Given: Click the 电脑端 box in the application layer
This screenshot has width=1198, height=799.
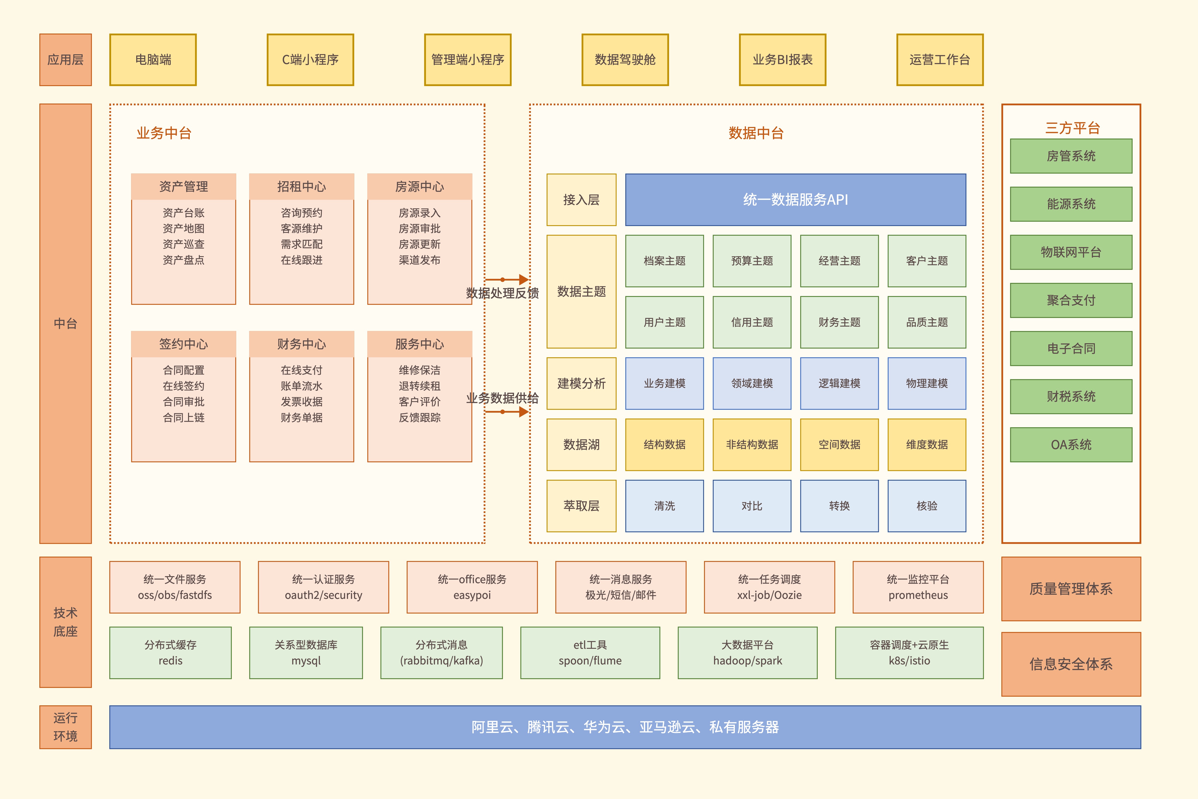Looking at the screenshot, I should point(153,60).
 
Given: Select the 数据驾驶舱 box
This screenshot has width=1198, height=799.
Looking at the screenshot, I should point(625,60).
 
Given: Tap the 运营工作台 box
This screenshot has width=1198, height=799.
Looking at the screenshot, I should point(940,60).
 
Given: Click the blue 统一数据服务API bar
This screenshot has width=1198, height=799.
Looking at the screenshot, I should point(796,200).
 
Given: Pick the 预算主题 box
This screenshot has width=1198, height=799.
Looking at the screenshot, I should point(752,261).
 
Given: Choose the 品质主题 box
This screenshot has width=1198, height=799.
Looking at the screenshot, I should point(927,322).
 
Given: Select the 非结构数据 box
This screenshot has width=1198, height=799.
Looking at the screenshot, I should point(752,444).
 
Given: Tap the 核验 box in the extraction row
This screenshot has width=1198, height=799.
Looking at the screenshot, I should point(927,506).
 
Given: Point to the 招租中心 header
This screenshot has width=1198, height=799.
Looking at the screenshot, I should point(302,186).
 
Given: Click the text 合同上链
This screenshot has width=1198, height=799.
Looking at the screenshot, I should point(183,418).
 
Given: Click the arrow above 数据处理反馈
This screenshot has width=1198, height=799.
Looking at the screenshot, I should point(507,279).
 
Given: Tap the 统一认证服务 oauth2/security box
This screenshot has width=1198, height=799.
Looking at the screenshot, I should point(324,587).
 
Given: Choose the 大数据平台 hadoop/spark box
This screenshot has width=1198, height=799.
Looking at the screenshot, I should point(747,653).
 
